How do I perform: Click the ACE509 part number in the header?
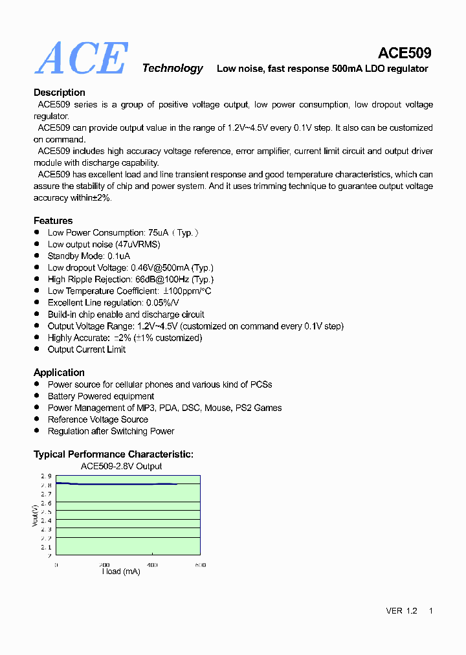point(405,53)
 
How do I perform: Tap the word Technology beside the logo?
point(172,69)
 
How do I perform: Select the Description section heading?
point(59,93)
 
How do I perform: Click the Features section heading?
point(53,221)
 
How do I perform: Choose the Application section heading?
point(59,372)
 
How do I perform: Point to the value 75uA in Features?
point(159,232)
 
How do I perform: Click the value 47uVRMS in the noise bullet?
point(138,244)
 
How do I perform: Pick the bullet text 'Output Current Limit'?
point(87,350)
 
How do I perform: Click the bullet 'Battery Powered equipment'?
point(101,396)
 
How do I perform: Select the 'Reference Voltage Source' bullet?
point(98,419)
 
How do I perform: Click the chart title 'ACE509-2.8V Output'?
point(121,466)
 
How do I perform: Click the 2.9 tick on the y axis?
point(46,476)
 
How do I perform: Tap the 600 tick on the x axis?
point(201,565)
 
